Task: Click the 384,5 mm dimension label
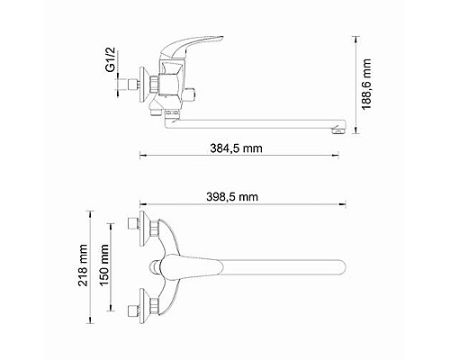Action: pos(229,148)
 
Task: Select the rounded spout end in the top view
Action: pos(340,265)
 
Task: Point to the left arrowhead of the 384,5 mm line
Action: pos(141,155)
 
